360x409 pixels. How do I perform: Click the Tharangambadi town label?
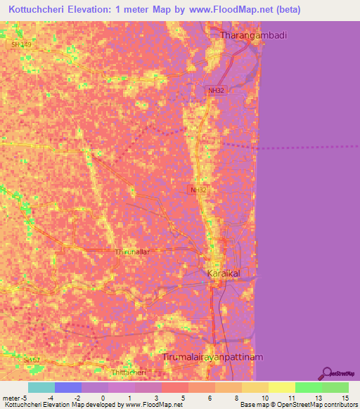click(x=255, y=34)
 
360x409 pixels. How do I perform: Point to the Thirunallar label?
click(x=132, y=251)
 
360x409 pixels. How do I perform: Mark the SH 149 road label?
click(x=22, y=44)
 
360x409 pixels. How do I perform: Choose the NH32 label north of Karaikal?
click(x=198, y=190)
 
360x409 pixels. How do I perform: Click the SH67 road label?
click(x=32, y=360)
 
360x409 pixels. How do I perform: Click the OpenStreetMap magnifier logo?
click(x=327, y=373)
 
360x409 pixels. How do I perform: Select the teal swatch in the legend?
click(x=41, y=387)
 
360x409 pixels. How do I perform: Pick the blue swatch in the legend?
click(x=68, y=387)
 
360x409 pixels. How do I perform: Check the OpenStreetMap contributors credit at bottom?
click(x=310, y=405)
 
